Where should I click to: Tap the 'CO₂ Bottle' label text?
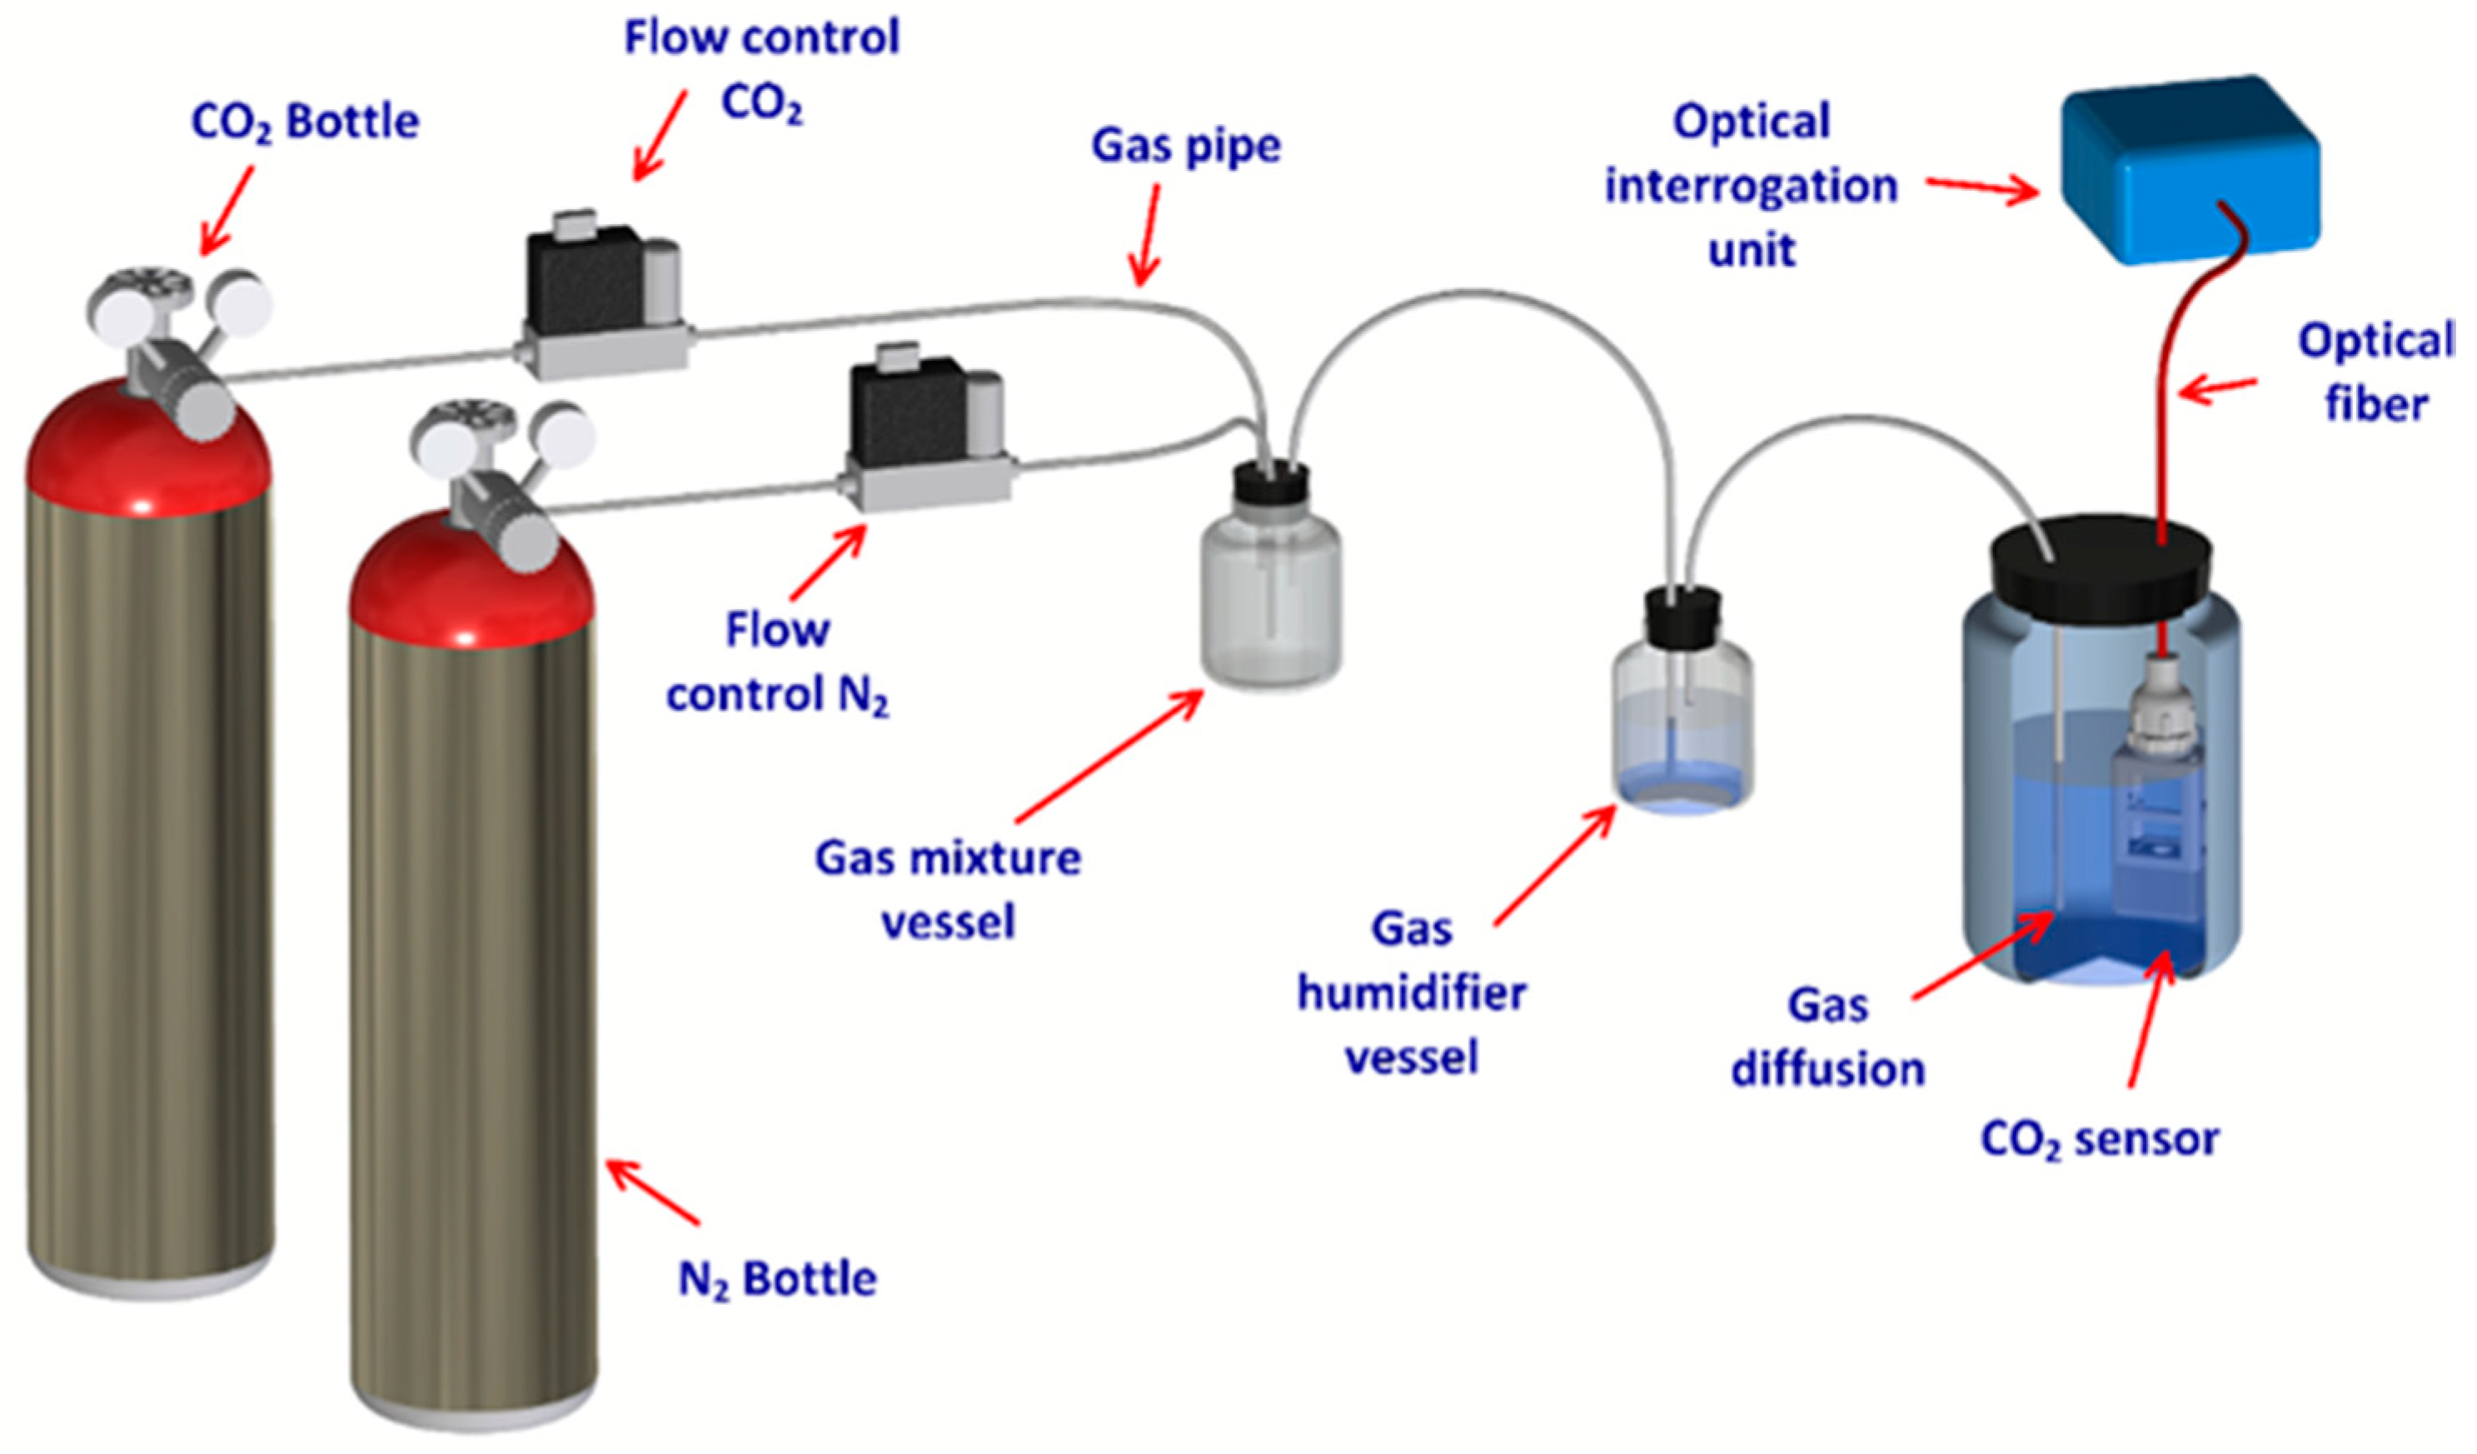(x=305, y=122)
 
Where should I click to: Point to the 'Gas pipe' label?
(x=1185, y=146)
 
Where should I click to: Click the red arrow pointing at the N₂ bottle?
(x=654, y=1192)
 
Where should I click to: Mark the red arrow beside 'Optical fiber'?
(x=2216, y=389)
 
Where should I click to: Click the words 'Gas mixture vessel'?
(x=948, y=890)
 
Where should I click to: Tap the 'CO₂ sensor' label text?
(x=2100, y=1141)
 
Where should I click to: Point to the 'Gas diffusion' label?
(x=1828, y=1037)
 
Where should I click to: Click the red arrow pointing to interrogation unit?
(x=1981, y=187)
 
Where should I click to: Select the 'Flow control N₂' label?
(x=776, y=662)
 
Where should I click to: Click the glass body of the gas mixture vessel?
(x=1271, y=600)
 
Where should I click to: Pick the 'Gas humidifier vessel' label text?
(x=1412, y=993)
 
